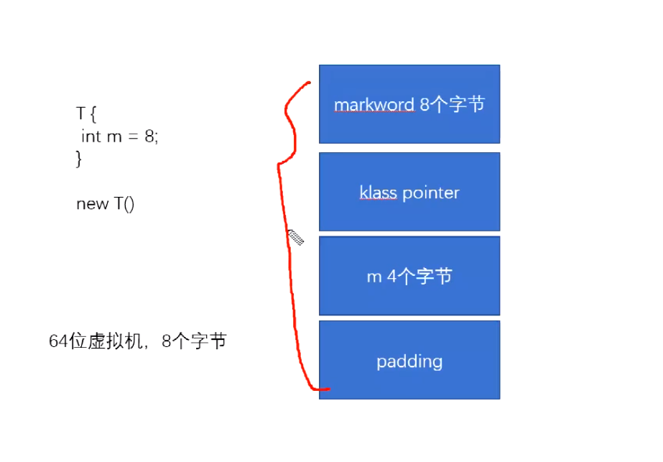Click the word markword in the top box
pos(374,105)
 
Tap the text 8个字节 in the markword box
pos(452,105)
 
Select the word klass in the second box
pos(378,193)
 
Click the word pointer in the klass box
pos(431,193)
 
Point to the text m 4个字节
pos(409,277)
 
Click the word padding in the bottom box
pos(409,361)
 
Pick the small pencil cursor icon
pos(295,237)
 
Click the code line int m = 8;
pos(119,136)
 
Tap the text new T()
pos(105,203)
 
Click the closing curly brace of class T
pos(79,158)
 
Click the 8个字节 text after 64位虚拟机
pos(194,342)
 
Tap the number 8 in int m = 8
pos(149,136)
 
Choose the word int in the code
pos(91,136)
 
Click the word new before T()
pos(91,203)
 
